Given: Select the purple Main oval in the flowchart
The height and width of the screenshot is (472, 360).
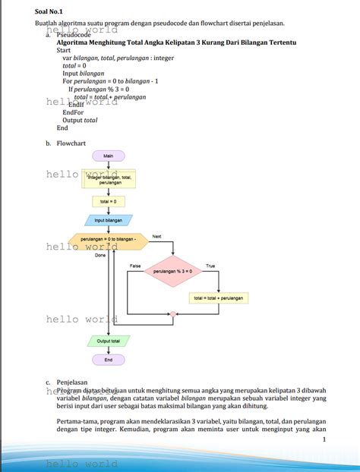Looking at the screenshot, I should pos(108,156).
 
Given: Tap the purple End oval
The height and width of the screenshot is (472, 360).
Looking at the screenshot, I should pos(108,360).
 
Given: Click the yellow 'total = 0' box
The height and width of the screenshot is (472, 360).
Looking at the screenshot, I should pos(108,201).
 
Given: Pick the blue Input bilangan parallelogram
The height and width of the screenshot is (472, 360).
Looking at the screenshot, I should pos(108,220).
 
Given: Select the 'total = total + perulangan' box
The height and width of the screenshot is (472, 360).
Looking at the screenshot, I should pos(219,298).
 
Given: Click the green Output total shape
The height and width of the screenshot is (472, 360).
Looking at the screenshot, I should pos(108,341).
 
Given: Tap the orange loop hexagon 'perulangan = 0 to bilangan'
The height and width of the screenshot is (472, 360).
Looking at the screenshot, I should pos(108,240).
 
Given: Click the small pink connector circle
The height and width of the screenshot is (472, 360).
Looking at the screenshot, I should pos(173,313).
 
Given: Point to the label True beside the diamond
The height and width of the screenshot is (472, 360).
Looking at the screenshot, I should pos(210,266).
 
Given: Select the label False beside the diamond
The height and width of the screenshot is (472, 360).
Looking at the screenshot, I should pos(135,266).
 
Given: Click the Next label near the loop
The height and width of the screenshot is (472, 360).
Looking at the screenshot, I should pos(157,237).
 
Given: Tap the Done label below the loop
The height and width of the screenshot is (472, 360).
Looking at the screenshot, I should pos(100,255).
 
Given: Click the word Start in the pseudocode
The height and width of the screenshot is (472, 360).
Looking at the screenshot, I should pos(65,50).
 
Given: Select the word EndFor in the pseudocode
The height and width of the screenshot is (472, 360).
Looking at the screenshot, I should pos(73,112).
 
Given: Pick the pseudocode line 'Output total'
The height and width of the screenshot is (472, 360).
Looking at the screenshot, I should pos(80,120).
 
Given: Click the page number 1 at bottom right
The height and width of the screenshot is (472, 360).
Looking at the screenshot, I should pos(324,439).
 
